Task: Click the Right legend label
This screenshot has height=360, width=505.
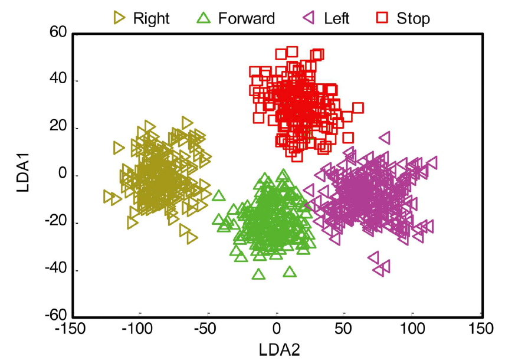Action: [x=151, y=18]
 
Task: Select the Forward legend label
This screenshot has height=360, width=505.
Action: [x=246, y=18]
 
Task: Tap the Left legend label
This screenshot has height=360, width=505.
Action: [x=336, y=18]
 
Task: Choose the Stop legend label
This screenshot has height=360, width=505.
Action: [x=413, y=18]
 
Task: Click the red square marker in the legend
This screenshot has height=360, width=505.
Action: [x=383, y=18]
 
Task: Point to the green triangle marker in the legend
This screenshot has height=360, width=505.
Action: [x=204, y=18]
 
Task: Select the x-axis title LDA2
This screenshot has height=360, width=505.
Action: [x=280, y=349]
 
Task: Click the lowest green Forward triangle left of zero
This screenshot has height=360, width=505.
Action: [x=258, y=274]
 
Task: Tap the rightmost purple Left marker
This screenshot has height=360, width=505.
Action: [x=431, y=162]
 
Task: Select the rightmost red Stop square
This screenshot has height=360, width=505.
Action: [x=358, y=107]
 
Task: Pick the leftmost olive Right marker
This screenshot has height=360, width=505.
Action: [x=108, y=196]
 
